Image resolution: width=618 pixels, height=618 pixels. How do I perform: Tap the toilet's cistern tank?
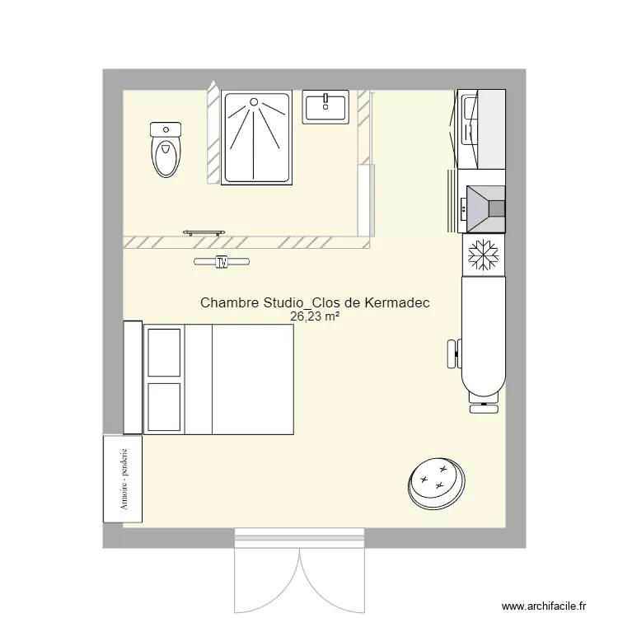[166, 129]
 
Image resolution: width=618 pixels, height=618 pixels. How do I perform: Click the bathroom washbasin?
[326, 108]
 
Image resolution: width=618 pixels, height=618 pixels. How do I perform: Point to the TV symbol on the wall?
[221, 262]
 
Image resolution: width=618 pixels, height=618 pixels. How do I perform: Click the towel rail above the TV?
[204, 233]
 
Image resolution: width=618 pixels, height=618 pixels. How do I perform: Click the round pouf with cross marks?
[435, 483]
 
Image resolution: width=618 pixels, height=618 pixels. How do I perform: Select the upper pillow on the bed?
[164, 352]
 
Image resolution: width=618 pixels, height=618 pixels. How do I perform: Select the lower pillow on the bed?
[164, 406]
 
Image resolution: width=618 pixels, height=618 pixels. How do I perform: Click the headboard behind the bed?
[133, 378]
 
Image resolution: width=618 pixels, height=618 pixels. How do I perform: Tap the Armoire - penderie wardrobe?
[122, 479]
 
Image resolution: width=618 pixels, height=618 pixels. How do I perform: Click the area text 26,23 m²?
[315, 316]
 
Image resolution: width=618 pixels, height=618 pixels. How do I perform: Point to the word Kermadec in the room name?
[394, 303]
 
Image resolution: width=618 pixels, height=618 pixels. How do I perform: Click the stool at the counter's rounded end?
[482, 405]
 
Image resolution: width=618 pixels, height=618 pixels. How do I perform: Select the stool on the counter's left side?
[452, 353]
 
